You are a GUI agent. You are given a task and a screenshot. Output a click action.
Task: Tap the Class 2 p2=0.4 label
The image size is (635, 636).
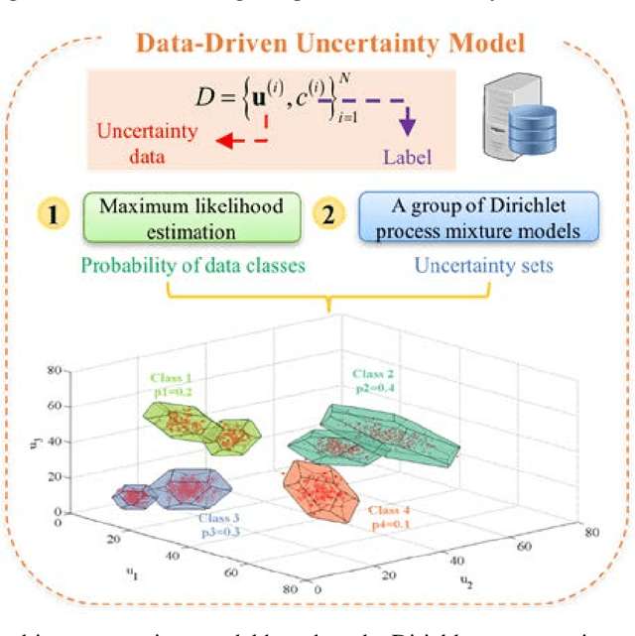point(375,382)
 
